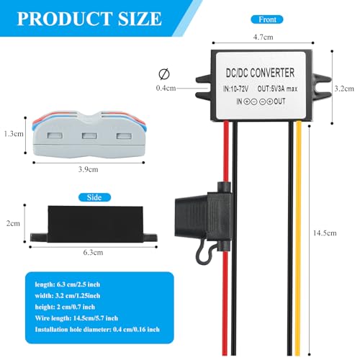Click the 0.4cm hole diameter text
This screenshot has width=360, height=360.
166,88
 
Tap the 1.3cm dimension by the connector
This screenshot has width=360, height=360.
11,134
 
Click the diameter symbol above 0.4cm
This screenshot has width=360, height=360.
166,73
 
